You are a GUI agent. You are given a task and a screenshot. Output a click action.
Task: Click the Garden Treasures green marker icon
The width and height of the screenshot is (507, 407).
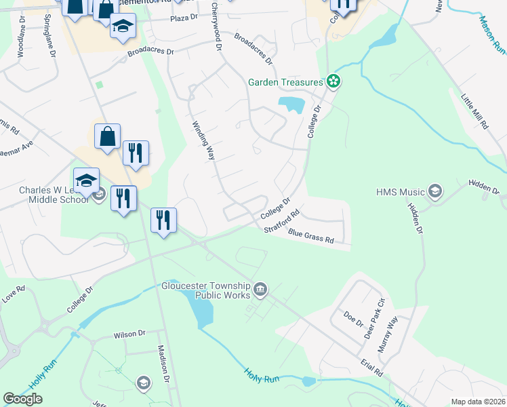333,82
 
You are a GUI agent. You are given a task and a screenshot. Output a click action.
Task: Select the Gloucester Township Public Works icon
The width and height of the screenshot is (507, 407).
260,290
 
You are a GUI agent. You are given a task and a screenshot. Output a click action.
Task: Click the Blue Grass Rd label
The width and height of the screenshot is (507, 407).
311,236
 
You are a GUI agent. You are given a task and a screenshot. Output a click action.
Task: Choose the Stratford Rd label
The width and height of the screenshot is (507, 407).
282,222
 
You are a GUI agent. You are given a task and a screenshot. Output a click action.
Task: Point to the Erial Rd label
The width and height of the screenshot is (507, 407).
373,368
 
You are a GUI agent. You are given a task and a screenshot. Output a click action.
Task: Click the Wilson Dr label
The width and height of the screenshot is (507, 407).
129,334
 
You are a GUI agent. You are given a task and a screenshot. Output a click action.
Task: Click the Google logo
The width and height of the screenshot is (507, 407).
22,399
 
